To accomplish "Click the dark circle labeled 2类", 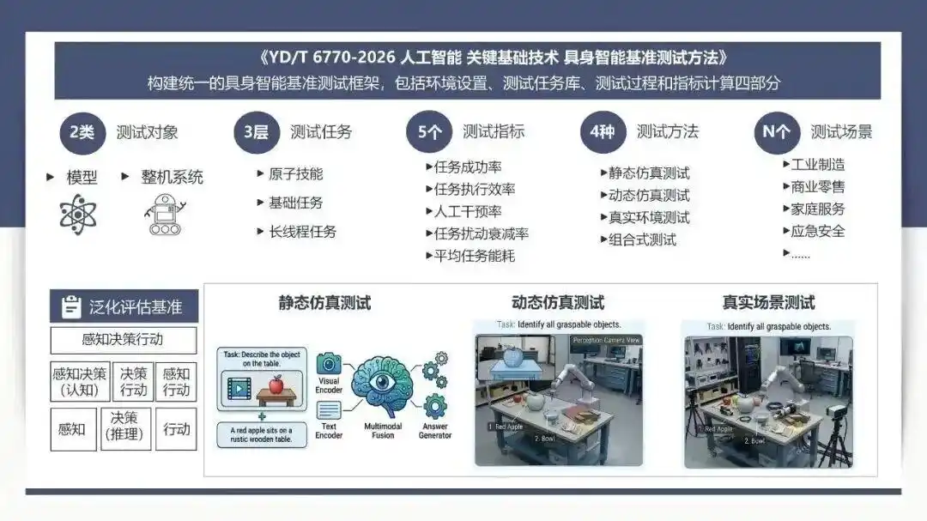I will click(x=82, y=132).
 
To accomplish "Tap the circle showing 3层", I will click(x=256, y=132).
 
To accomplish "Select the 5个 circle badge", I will click(x=430, y=132).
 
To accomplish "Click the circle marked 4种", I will click(x=603, y=132).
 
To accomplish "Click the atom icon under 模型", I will click(x=78, y=214).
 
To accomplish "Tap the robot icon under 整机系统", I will click(x=164, y=215).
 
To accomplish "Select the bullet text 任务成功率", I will click(x=468, y=167).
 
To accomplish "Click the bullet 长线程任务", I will click(x=302, y=232).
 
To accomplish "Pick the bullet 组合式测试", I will click(x=642, y=239).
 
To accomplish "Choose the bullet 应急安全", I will click(x=817, y=231).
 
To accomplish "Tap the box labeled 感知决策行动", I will click(x=123, y=339).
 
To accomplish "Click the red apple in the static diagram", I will click(x=276, y=386).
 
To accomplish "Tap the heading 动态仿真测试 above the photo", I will click(x=558, y=303).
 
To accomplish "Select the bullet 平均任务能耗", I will click(x=474, y=256).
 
